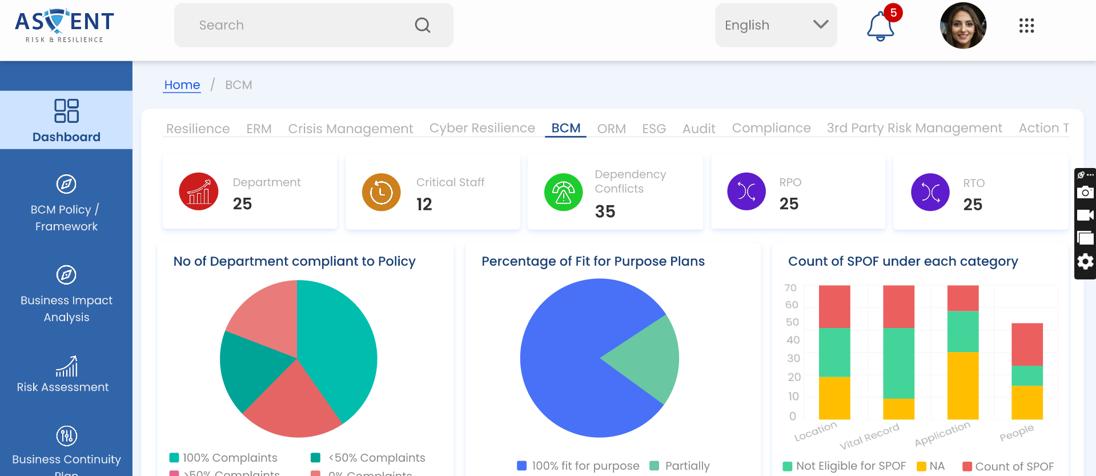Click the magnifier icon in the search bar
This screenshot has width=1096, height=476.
(423, 25)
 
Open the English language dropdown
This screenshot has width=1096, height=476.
(776, 25)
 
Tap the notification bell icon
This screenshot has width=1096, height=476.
(880, 26)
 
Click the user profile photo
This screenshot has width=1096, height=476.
(963, 26)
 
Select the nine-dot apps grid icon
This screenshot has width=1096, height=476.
(1026, 26)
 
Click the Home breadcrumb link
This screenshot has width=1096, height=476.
(182, 85)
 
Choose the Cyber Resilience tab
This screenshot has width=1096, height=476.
(482, 128)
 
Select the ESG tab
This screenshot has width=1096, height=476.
(654, 129)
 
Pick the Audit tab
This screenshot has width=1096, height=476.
(698, 129)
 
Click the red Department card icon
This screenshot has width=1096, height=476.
(199, 192)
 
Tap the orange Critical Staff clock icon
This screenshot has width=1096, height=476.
(381, 192)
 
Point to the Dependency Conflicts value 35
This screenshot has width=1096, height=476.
(605, 211)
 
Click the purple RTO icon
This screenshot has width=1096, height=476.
(930, 192)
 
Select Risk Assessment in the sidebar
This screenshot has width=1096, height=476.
(66, 375)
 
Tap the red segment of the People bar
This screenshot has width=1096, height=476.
(1026, 344)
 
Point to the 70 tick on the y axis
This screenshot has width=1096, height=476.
(790, 288)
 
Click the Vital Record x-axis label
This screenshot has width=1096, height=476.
(869, 436)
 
